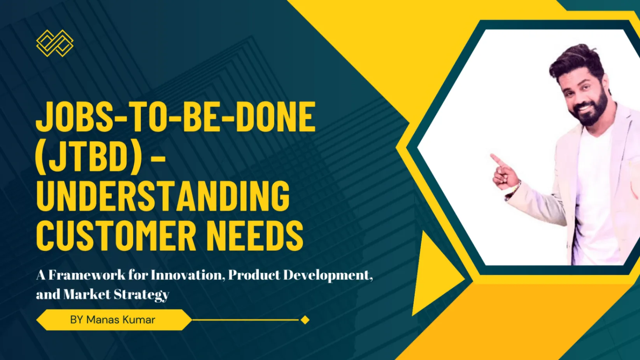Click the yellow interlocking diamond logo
click(55, 43)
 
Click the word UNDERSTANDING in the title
click(163, 196)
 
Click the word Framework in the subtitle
click(87, 275)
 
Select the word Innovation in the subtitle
click(186, 275)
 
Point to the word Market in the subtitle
click(87, 294)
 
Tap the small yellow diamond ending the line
click(305, 320)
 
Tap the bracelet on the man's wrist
click(514, 190)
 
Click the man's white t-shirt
click(594, 200)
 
